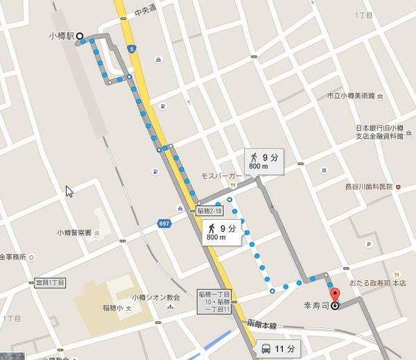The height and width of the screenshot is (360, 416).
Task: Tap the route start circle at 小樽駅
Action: click(x=79, y=36)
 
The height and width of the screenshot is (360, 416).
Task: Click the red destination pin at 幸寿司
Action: click(x=335, y=303)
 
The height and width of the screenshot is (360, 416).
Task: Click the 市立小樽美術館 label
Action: click(x=350, y=95)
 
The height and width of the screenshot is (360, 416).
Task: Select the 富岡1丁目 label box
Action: click(x=50, y=283)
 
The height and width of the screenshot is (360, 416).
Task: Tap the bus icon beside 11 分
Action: click(x=266, y=349)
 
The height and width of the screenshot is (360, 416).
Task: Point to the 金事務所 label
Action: click(x=12, y=257)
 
